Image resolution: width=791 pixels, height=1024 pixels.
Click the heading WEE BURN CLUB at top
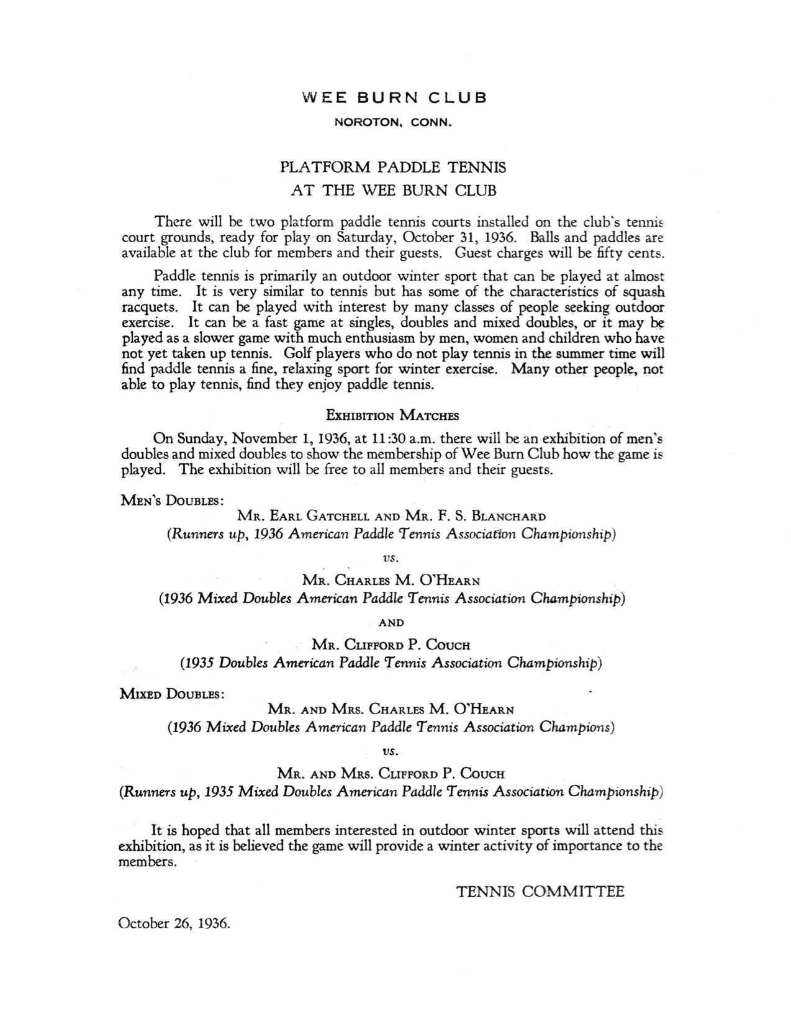click(394, 97)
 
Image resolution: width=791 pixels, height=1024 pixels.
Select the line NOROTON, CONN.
click(393, 123)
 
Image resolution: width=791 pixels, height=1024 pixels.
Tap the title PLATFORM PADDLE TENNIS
click(393, 168)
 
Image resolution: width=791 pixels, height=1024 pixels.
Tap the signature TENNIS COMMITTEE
click(540, 892)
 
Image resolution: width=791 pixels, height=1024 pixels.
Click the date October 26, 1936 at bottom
click(174, 923)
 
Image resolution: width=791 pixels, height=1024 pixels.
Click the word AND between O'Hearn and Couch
click(391, 622)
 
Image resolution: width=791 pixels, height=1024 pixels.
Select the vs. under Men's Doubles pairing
click(391, 558)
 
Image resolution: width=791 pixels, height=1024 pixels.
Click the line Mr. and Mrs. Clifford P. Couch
click(391, 774)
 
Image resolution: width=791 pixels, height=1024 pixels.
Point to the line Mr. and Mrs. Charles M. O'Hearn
click(391, 709)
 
